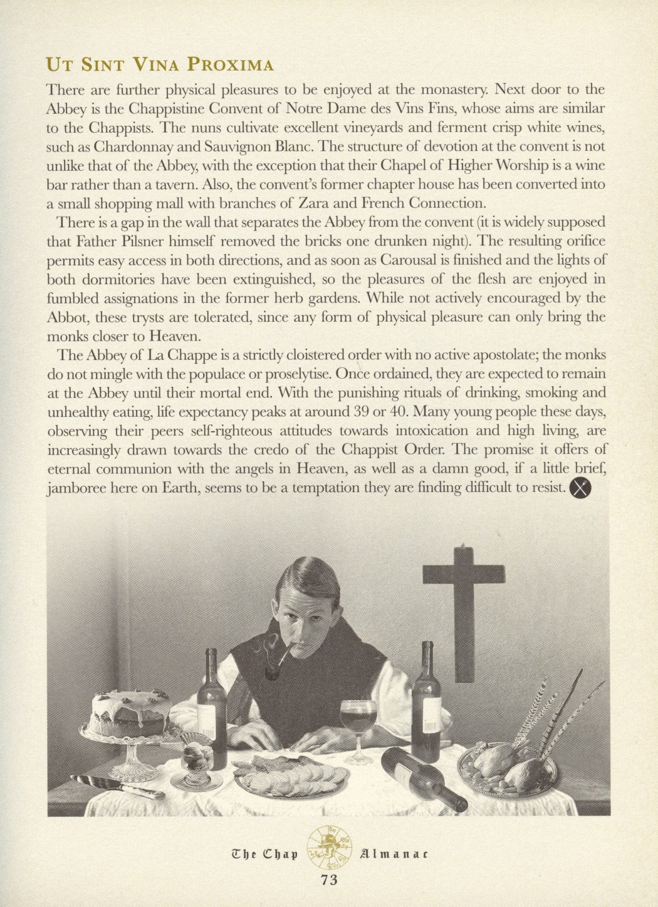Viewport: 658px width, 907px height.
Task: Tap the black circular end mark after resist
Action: pyautogui.click(x=581, y=488)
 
